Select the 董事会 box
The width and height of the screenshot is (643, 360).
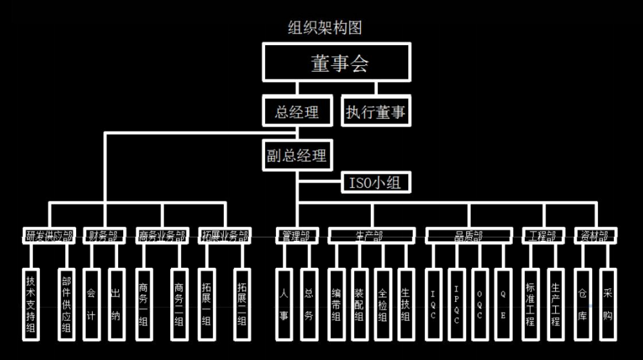click(335, 64)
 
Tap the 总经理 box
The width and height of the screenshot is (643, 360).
click(297, 112)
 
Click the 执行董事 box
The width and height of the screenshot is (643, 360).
click(375, 112)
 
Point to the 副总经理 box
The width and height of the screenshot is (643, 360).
click(297, 155)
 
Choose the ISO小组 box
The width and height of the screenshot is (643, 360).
click(375, 183)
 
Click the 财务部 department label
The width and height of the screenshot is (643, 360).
click(103, 236)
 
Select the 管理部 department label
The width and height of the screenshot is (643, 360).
click(297, 236)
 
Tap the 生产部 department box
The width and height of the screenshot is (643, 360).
click(370, 236)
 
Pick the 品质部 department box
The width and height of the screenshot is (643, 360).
click(469, 236)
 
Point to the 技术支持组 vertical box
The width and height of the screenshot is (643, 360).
click(32, 305)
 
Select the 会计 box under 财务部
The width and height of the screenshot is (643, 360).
click(92, 305)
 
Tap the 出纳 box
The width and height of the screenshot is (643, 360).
click(115, 305)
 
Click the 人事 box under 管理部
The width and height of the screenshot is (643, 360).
click(284, 305)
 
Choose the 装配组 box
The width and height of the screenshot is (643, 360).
click(359, 305)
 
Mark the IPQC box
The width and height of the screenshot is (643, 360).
click(456, 305)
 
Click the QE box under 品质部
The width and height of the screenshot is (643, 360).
click(503, 305)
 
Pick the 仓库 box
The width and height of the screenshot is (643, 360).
click(582, 305)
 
